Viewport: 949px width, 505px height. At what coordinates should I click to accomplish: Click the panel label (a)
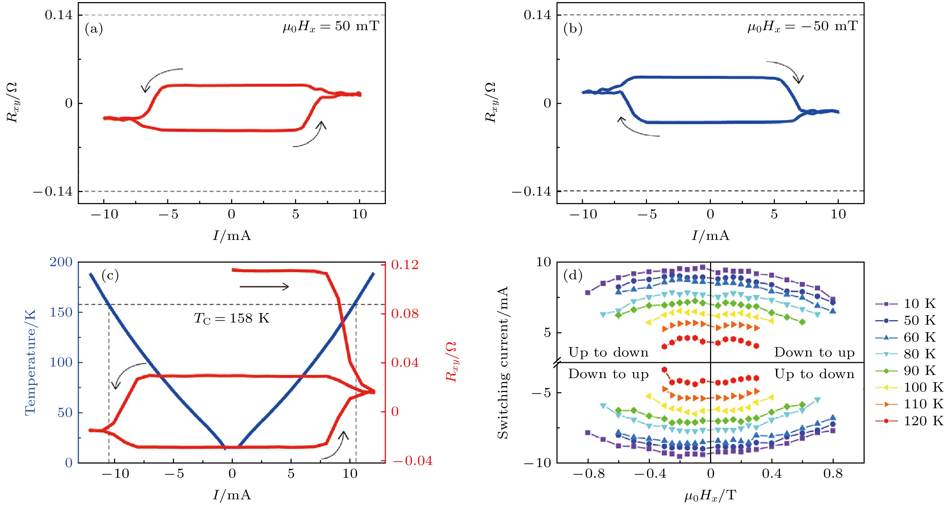pos(94,29)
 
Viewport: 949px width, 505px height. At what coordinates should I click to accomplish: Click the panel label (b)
pos(573,29)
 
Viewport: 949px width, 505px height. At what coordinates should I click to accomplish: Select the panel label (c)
pos(110,275)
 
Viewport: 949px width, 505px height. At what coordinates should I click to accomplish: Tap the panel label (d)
pos(573,275)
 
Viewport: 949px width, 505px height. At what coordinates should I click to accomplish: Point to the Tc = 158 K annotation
pos(232,318)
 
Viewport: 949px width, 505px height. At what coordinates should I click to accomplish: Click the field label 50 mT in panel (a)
pos(331,27)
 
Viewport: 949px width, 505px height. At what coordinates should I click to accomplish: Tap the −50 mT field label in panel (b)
pos(802,27)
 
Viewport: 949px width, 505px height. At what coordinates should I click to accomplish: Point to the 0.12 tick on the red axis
pos(405,264)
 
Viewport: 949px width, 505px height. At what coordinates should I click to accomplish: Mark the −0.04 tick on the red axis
pos(412,461)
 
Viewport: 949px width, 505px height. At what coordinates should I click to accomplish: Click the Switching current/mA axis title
pos(502,363)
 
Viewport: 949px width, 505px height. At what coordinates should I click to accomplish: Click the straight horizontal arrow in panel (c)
pos(264,287)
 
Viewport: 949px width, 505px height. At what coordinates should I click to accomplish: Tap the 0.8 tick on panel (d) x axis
pos(833,474)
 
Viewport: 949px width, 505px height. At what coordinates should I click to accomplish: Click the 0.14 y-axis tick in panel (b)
pos(537,15)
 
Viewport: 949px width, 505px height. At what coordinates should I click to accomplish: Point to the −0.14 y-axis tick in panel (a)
pos(53,191)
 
